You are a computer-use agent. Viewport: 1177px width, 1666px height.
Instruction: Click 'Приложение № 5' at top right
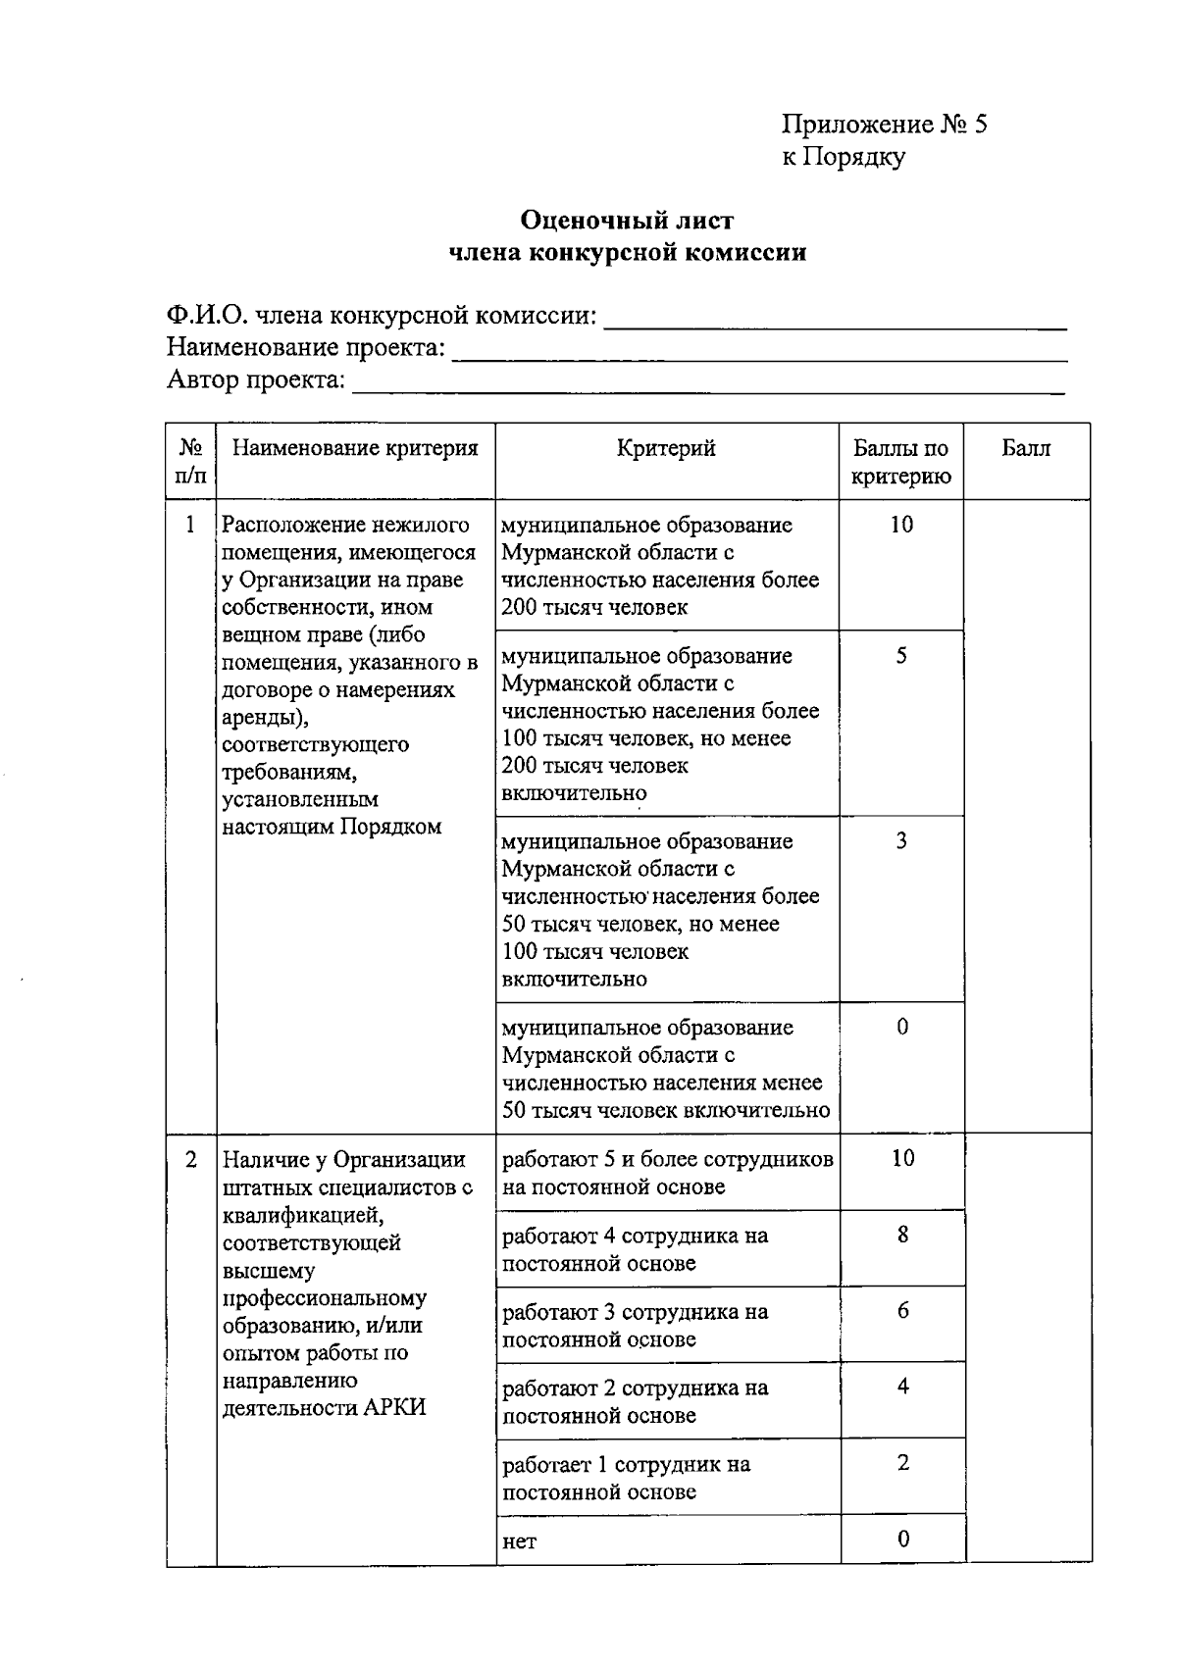883,125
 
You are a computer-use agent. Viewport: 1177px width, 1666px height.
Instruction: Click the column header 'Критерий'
666,449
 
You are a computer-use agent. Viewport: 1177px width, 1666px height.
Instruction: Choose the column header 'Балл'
1025,449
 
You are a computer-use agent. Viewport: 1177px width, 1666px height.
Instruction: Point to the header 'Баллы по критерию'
900,463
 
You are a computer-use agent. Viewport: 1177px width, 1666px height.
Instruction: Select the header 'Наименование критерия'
355,449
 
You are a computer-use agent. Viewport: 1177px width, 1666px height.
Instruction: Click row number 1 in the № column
190,525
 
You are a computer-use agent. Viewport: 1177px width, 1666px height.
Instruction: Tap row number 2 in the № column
190,1159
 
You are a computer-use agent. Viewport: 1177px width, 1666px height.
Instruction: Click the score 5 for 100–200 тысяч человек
900,656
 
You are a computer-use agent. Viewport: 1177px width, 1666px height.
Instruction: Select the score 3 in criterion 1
900,841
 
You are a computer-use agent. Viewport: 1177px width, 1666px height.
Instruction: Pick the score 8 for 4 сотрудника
902,1235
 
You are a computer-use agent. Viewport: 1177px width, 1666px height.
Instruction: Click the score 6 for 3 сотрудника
902,1311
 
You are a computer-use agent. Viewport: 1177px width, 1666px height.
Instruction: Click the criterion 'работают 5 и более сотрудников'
667,1173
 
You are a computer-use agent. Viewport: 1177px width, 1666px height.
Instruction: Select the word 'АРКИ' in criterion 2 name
394,1408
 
